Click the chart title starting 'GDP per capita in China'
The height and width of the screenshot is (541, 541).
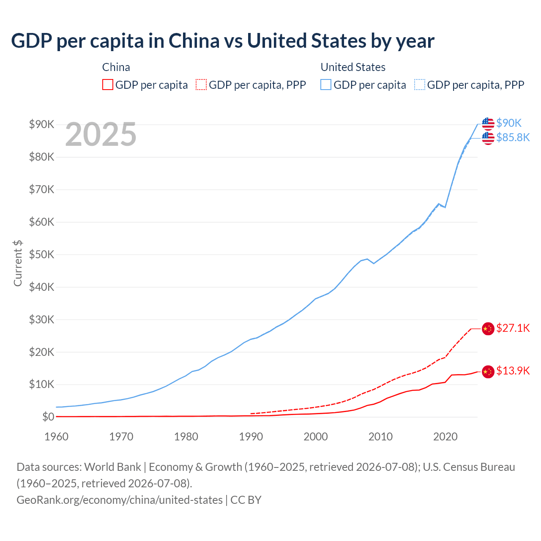[x=223, y=41]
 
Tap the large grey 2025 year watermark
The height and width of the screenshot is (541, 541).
[x=101, y=134]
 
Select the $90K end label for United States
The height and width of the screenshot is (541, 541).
[x=509, y=123]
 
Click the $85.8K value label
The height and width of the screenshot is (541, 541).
[x=513, y=137]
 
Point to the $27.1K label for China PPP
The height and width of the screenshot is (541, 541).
[x=513, y=328]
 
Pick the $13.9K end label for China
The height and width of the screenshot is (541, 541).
[x=513, y=371]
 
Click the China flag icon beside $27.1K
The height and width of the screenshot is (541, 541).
[x=488, y=329]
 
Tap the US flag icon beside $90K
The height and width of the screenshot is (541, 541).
[x=488, y=124]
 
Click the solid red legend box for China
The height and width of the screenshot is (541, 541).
[x=108, y=85]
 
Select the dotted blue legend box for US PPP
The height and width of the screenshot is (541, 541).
[x=419, y=85]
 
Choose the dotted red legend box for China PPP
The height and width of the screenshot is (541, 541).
[x=201, y=85]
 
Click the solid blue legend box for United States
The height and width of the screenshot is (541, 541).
[x=326, y=85]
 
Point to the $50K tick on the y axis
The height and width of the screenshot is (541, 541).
[x=41, y=254]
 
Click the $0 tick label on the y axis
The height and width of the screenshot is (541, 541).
[x=48, y=417]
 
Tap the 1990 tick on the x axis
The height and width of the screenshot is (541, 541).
[x=251, y=437]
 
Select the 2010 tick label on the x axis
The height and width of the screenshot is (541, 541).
[x=380, y=437]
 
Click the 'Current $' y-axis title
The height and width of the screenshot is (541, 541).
[x=18, y=263]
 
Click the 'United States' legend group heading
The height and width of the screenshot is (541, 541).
[x=353, y=67]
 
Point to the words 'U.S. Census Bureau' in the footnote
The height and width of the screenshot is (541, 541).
[x=469, y=467]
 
